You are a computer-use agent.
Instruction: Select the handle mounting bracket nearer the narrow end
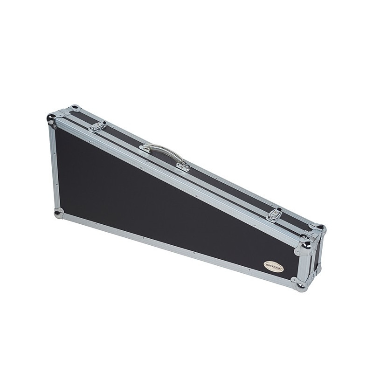tap(183, 166)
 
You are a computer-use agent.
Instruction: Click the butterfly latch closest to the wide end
tap(97, 126)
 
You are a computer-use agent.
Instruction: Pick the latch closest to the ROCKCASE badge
tap(274, 214)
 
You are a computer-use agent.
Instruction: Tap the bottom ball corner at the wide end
tap(58, 214)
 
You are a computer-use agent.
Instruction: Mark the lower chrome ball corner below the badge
tap(298, 284)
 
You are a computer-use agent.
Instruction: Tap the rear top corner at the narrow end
tap(319, 228)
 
